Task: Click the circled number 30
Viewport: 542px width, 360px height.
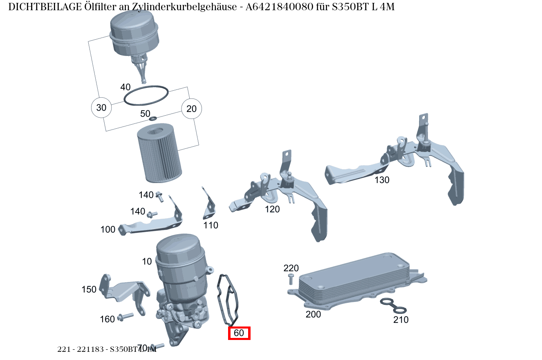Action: click(101, 108)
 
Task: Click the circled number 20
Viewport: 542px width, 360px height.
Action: click(191, 109)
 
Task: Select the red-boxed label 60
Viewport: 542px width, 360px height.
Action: click(239, 333)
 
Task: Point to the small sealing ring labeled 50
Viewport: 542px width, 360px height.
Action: click(153, 119)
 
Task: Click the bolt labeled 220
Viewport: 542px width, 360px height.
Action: click(291, 280)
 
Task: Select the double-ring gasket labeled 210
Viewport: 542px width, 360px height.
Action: click(393, 306)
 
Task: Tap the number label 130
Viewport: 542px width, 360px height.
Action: click(382, 180)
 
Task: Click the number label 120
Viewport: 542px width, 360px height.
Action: click(272, 209)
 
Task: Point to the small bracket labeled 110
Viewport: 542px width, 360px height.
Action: click(209, 206)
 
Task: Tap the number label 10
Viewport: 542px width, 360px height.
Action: click(147, 262)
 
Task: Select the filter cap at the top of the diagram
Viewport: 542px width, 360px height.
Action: click(134, 35)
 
